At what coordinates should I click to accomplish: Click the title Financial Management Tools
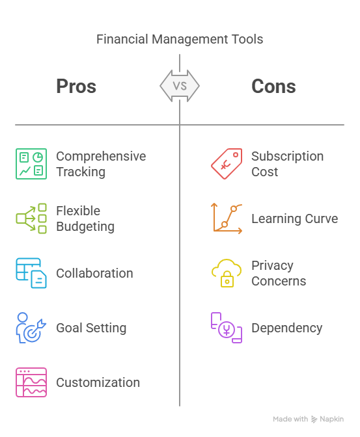180,39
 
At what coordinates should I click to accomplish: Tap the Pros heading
76,86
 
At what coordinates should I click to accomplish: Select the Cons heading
273,86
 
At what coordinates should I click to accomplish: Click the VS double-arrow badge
180,86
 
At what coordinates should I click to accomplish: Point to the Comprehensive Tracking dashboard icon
31,164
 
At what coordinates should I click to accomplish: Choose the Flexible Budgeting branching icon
31,218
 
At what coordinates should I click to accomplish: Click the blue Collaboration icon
31,273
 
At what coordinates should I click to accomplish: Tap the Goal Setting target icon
31,328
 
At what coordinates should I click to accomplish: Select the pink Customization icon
31,382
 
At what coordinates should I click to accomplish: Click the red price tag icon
227,164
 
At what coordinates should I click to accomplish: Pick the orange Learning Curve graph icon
227,218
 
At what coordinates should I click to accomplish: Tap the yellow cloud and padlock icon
227,273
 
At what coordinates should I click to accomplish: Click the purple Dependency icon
227,328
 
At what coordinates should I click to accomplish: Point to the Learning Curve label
295,218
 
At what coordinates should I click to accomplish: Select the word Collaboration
94,273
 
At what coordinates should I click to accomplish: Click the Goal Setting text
91,328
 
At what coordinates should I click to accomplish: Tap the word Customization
98,382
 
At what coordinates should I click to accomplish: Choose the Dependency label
287,328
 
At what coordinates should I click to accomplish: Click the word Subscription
288,157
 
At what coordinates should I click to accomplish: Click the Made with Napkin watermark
309,419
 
